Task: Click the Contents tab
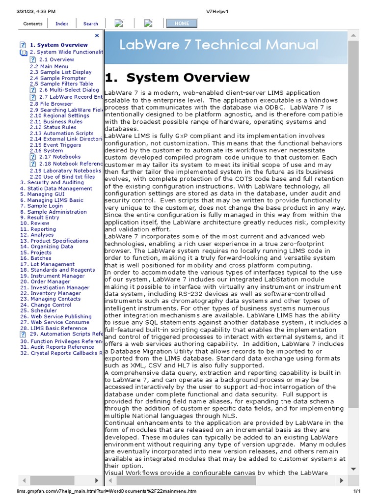33,24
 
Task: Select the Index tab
62,24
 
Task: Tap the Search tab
90,24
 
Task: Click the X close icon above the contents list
97,35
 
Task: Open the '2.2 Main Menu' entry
49,66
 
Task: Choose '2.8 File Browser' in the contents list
51,104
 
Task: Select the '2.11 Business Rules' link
56,122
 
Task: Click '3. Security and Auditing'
52,183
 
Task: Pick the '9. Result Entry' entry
40,218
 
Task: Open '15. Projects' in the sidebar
36,252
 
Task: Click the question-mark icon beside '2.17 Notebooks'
33,157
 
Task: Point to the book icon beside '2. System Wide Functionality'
24,52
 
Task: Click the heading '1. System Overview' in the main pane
177,78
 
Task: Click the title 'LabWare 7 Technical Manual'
219,45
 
